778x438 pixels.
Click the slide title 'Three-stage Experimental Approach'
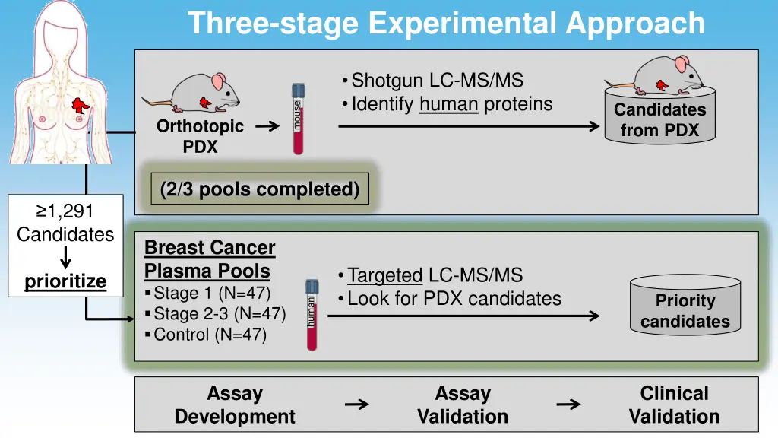point(446,23)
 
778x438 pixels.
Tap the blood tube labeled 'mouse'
point(298,119)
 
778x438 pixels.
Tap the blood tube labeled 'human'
point(312,314)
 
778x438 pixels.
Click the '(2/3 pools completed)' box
point(260,189)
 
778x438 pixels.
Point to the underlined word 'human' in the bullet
point(448,104)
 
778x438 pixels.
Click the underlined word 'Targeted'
point(384,275)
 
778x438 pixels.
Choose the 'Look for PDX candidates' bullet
point(454,299)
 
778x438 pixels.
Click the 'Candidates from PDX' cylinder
point(659,120)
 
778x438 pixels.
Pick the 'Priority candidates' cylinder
point(685,310)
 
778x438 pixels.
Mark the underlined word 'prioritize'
point(65,282)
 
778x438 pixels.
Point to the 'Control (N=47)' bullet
point(210,334)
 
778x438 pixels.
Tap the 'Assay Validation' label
point(462,405)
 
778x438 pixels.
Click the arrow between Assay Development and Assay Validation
point(356,405)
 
